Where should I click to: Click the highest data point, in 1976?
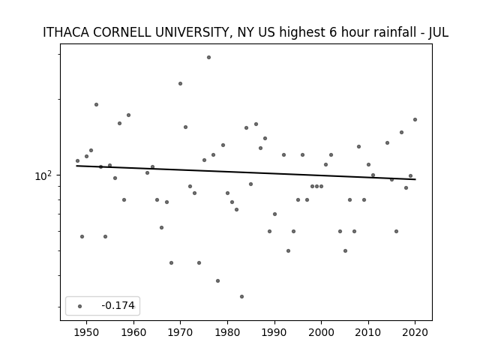point(208,57)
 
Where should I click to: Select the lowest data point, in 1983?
point(241,297)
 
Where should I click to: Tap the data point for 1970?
point(180,83)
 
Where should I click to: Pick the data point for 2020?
point(415,120)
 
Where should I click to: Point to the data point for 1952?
point(96,105)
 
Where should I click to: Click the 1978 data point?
point(218,280)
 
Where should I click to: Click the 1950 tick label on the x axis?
point(87,332)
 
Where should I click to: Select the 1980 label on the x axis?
point(227,332)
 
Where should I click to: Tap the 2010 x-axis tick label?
point(368,332)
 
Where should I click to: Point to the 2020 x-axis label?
point(415,332)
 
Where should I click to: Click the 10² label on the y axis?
point(43,176)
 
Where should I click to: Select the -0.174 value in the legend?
point(118,305)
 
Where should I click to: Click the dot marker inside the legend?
point(80,306)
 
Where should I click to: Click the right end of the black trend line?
point(415,179)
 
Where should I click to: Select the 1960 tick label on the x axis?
point(133,332)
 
